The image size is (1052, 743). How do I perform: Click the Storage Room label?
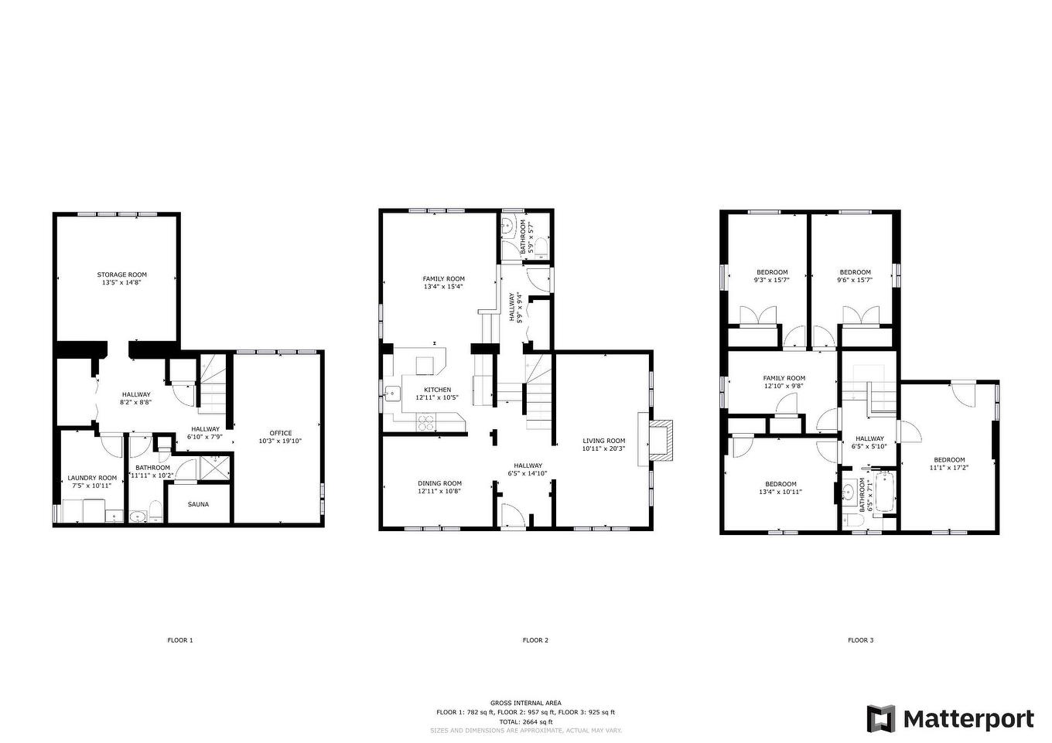[x=121, y=274]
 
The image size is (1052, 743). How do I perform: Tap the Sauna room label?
[x=198, y=505]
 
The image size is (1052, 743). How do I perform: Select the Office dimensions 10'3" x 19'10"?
[x=280, y=441]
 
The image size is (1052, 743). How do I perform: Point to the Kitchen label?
[x=437, y=390]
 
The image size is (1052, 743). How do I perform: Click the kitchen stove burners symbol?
[x=426, y=421]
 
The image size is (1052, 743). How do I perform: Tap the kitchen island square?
[x=425, y=365]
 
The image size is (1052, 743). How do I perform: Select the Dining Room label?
[x=439, y=483]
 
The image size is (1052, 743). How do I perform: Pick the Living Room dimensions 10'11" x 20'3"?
[x=603, y=448]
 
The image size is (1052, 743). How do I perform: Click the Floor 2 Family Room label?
[x=443, y=278]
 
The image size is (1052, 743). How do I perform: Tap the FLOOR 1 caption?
[x=180, y=640]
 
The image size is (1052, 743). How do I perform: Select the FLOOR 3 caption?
[x=860, y=640]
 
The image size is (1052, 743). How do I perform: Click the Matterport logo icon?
[x=880, y=718]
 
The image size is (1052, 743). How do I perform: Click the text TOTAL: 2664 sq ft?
[x=525, y=721]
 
